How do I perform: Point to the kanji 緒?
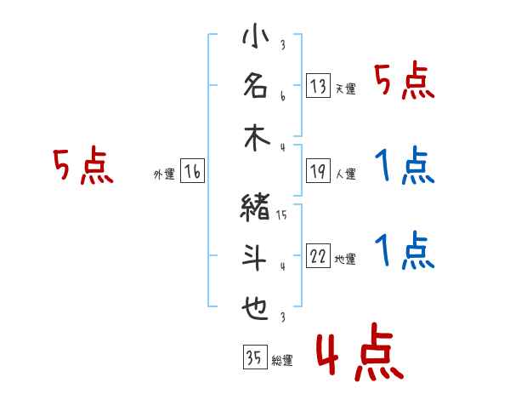[255, 208]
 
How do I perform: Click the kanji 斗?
[255, 259]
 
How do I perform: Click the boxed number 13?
[318, 86]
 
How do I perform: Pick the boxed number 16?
[192, 173]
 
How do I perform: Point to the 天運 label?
[344, 89]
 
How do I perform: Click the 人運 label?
[344, 174]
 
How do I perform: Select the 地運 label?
[344, 260]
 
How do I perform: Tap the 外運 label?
[163, 174]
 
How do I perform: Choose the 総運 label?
[281, 361]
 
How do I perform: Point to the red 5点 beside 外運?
[82, 166]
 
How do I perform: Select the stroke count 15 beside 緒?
[281, 214]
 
